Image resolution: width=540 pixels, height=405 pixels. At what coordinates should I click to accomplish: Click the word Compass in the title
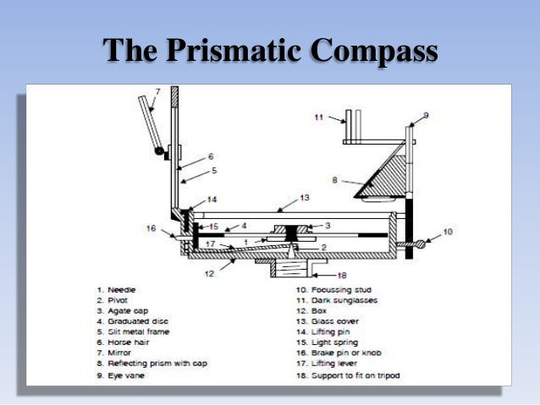pos(372,50)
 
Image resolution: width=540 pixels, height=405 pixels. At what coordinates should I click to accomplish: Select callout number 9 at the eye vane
pos(425,114)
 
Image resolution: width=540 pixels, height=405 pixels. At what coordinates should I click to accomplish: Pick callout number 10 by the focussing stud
pos(448,231)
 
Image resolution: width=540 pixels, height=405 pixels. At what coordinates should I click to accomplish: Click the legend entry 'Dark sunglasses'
pos(330,300)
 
